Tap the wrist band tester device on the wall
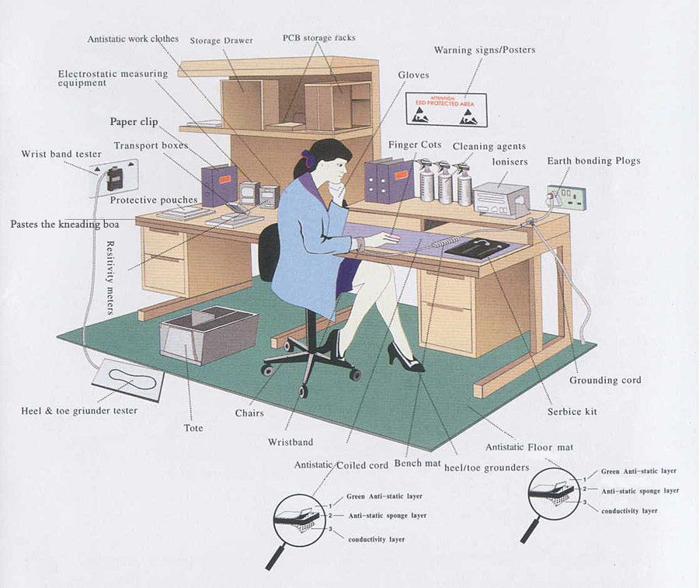(x=115, y=178)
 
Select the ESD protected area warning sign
(x=446, y=110)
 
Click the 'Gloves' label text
(x=413, y=75)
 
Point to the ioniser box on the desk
(x=501, y=199)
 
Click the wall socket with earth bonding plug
(x=567, y=197)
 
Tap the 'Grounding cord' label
(x=605, y=381)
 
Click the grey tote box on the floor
(x=208, y=333)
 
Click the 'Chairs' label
(x=249, y=413)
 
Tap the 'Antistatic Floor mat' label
(x=529, y=447)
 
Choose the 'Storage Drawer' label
(x=221, y=40)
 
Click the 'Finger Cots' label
(x=415, y=145)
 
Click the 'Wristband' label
(x=290, y=442)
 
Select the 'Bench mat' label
(x=418, y=464)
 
